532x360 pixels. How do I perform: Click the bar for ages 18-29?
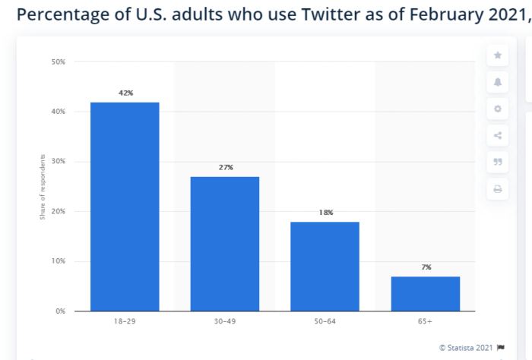tap(125, 207)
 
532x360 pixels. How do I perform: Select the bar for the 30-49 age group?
tap(225, 244)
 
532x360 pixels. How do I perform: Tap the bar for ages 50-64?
tap(325, 266)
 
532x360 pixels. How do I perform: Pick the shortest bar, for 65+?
tap(426, 293)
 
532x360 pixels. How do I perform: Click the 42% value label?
tap(125, 93)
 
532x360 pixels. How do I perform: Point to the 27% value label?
tap(225, 167)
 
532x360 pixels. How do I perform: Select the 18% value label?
tap(325, 213)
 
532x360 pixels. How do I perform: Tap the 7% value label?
tap(426, 267)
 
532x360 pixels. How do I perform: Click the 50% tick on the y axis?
tap(59, 62)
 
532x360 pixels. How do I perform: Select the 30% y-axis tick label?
tap(59, 162)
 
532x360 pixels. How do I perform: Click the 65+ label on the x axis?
tap(426, 323)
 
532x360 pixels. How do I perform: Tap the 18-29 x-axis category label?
tap(125, 323)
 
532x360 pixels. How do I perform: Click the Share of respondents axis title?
tap(43, 187)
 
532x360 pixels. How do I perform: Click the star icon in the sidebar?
tap(498, 55)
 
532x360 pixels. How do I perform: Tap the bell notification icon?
tap(498, 82)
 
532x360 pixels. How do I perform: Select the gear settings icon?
tap(498, 109)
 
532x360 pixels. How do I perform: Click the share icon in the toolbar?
tap(498, 136)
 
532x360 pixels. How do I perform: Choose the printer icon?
tap(498, 189)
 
